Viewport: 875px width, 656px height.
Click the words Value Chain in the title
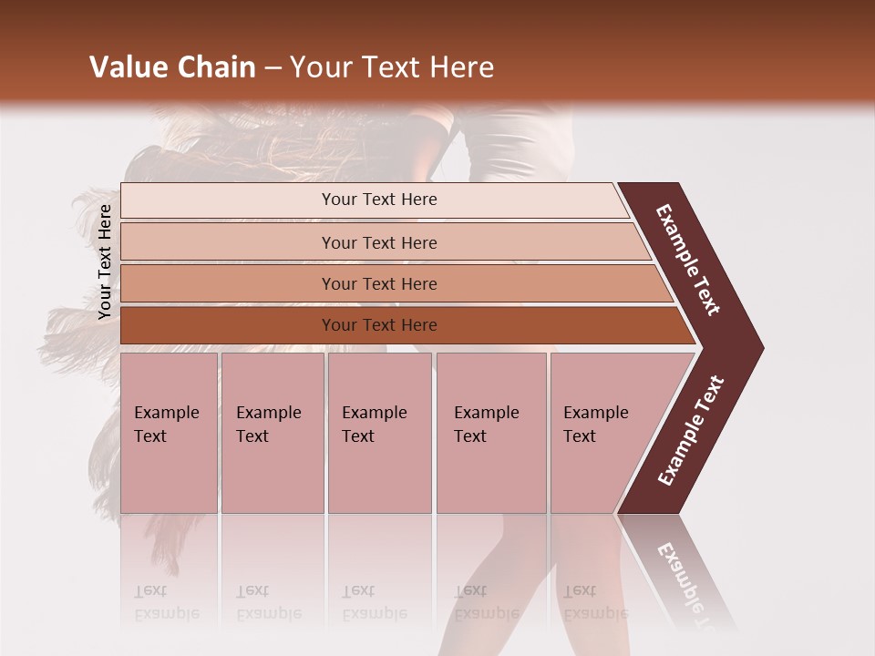(172, 67)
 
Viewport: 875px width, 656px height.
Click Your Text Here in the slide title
(392, 67)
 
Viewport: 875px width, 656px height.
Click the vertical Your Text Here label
(105, 262)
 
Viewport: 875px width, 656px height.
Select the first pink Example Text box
(169, 433)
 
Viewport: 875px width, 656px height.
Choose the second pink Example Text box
(272, 433)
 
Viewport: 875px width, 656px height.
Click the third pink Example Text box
(379, 433)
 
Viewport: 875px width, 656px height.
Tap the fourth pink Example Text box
(490, 433)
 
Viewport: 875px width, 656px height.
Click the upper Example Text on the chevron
(688, 261)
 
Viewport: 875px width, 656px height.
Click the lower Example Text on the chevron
(691, 431)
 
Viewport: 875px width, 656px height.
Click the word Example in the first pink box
(166, 413)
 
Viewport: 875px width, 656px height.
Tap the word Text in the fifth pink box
(580, 436)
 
